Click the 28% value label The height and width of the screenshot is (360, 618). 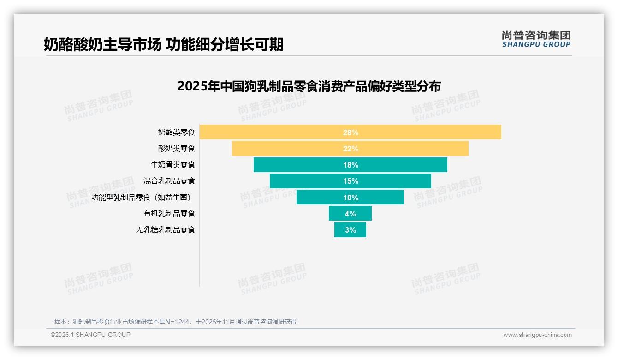click(351, 132)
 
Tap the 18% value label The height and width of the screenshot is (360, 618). click(351, 165)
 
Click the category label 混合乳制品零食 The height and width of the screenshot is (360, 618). click(169, 181)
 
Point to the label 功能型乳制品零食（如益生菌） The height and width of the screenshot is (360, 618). click(141, 198)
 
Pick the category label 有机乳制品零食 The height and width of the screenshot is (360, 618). click(169, 214)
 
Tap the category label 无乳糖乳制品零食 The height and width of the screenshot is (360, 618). click(165, 230)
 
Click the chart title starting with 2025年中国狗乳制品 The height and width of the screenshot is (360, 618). click(309, 86)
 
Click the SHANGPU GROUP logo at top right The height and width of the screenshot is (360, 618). click(536, 39)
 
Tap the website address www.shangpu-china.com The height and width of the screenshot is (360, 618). click(537, 335)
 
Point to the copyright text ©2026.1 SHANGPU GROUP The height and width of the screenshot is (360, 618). click(90, 335)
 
